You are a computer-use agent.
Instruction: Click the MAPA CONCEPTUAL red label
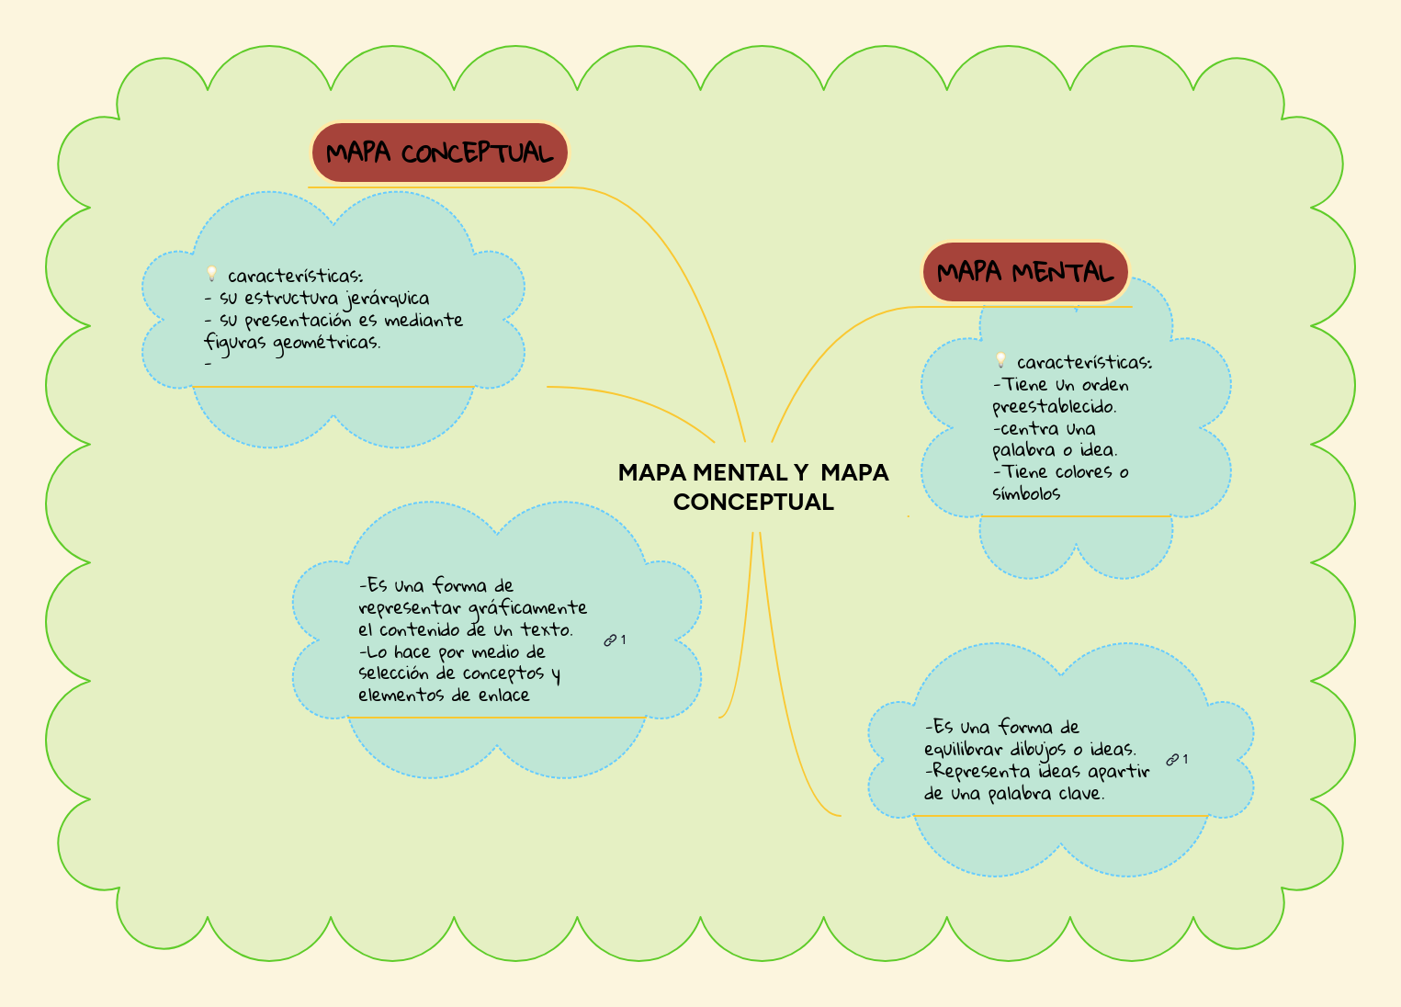click(x=439, y=153)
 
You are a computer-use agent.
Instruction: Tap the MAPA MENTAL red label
click(x=1024, y=272)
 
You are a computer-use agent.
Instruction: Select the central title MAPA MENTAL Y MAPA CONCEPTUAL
click(x=753, y=487)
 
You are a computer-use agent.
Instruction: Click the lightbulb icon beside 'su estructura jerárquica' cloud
click(x=211, y=274)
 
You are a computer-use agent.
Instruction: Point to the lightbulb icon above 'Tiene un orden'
click(x=1000, y=361)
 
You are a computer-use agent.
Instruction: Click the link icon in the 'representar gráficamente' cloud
click(x=610, y=640)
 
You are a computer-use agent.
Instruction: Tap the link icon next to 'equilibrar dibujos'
click(x=1172, y=760)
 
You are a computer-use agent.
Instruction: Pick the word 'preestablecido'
click(x=1054, y=407)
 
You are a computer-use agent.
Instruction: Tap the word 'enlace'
click(x=503, y=696)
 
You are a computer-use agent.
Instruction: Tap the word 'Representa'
click(x=981, y=771)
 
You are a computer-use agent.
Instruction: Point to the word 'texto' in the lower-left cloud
click(x=547, y=629)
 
